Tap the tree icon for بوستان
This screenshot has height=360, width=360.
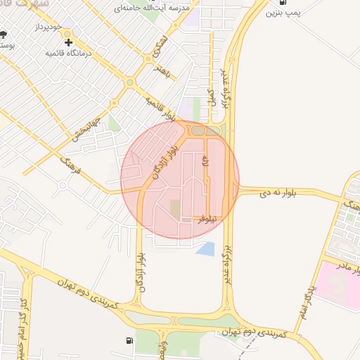click(x=4, y=34)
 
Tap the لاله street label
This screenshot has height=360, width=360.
click(x=205, y=163)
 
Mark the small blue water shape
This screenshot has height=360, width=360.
click(x=206, y=248)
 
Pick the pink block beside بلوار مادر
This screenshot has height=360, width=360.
click(x=336, y=285)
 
